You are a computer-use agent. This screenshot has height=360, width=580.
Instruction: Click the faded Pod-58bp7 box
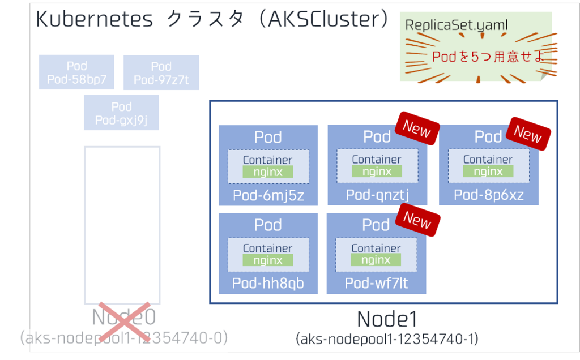point(76,72)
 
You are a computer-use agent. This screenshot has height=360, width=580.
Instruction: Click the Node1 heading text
point(387,320)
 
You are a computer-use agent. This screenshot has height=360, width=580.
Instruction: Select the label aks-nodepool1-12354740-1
point(387,339)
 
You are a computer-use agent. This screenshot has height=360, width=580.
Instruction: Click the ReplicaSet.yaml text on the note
point(448,25)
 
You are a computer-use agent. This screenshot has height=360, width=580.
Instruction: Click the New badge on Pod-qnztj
point(417,129)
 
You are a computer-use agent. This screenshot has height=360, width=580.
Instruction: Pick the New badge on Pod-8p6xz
point(528,134)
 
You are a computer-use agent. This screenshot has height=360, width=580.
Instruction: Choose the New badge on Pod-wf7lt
point(417,220)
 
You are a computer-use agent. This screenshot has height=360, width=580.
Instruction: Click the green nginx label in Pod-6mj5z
point(267,172)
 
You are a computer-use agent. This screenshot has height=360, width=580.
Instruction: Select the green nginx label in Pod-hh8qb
point(267,260)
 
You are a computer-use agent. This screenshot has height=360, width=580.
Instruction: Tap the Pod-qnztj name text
point(377,195)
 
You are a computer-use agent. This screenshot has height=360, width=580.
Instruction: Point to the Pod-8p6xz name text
point(488,195)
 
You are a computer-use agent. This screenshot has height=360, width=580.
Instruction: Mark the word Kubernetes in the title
point(94,20)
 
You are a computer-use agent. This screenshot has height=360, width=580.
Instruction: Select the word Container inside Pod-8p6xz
point(488,160)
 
